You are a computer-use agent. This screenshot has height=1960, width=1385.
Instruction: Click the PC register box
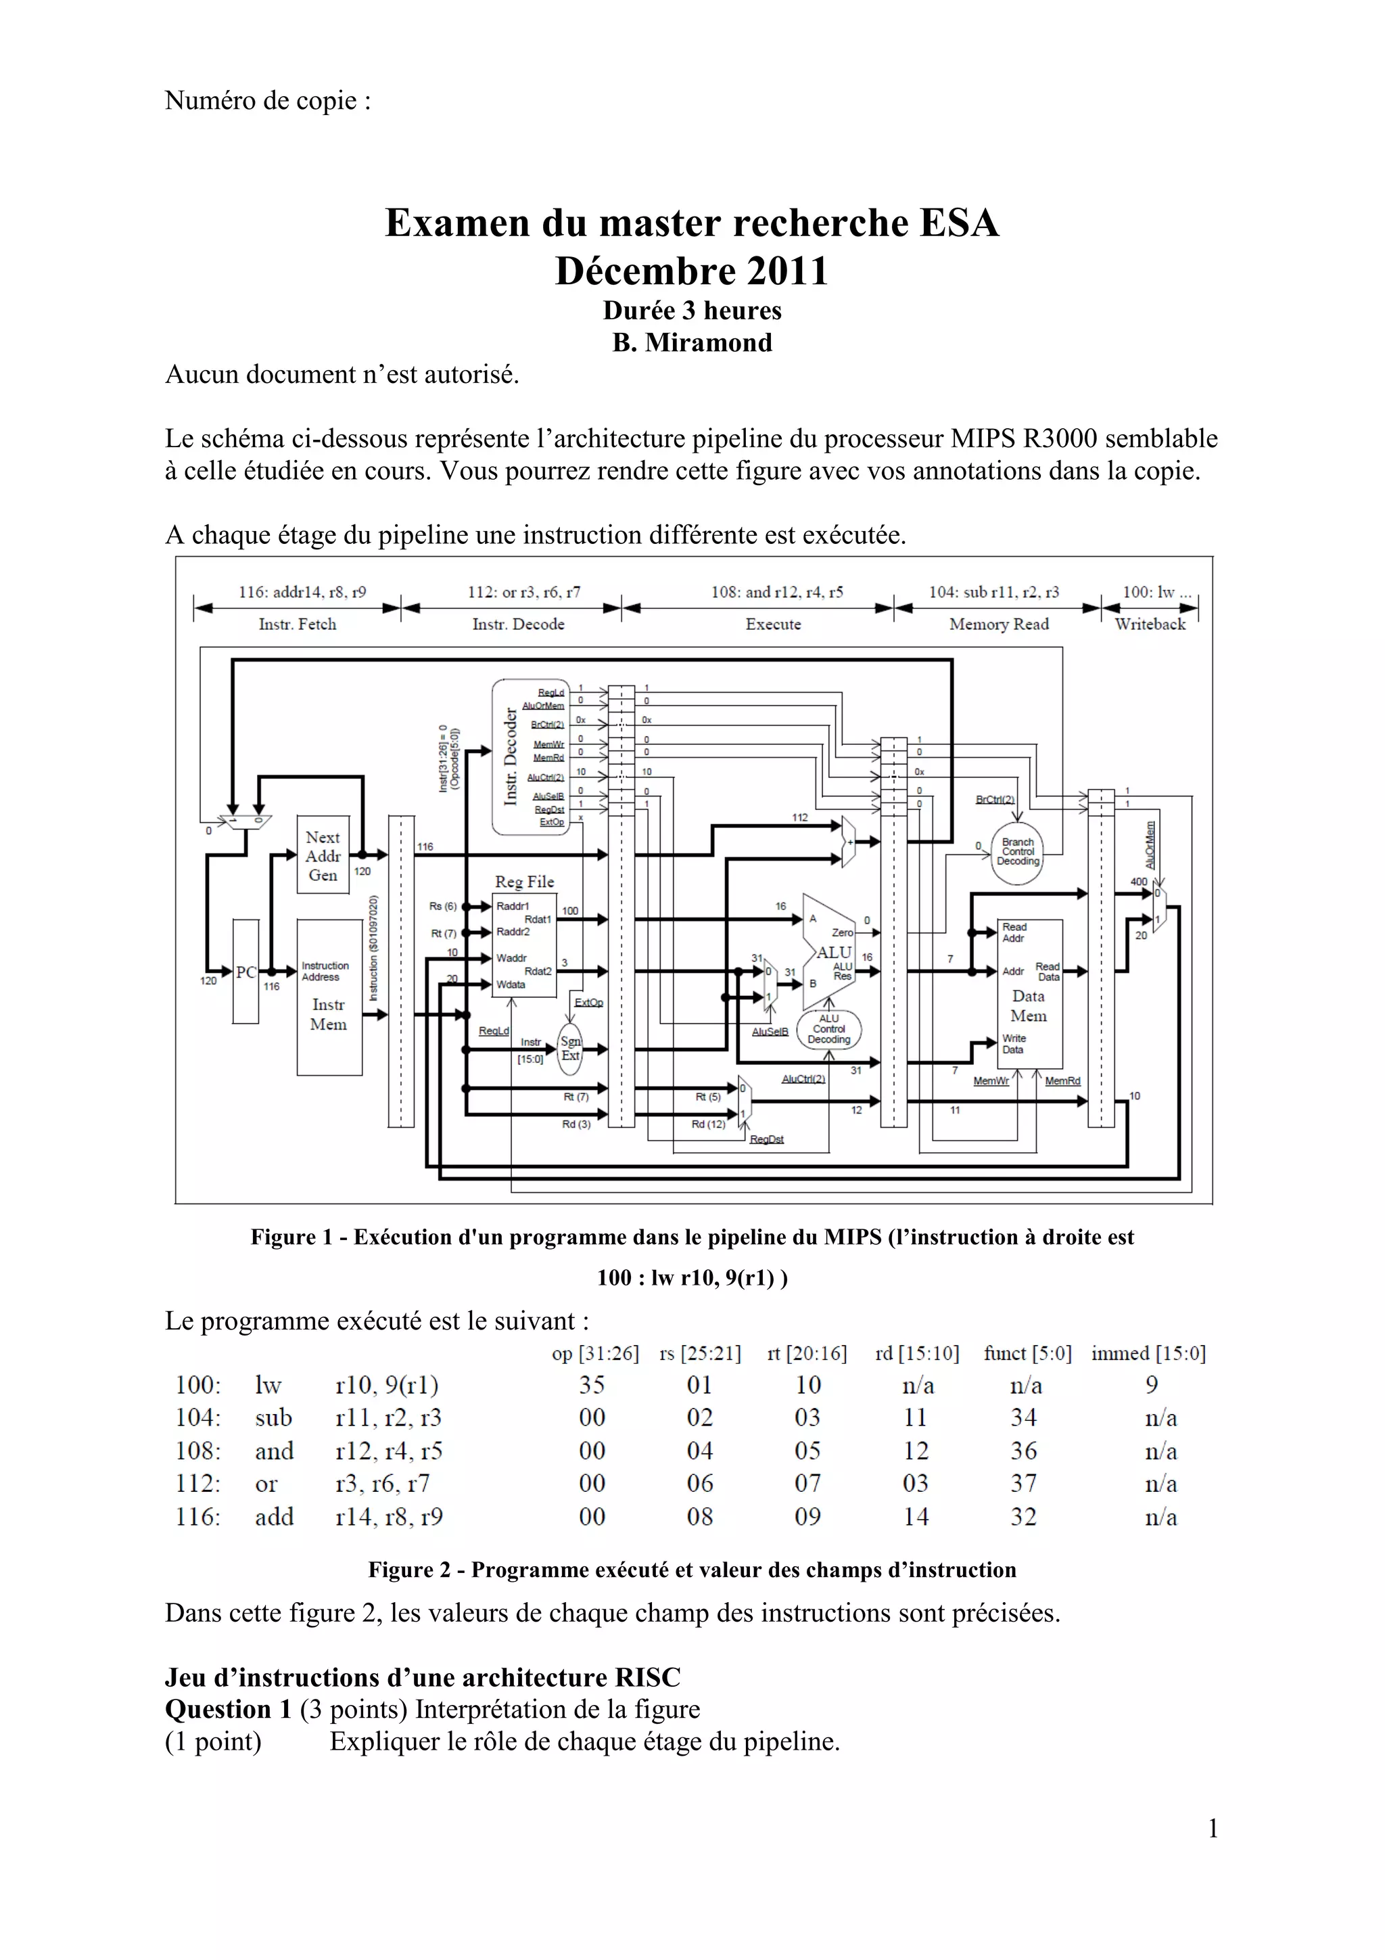click(x=245, y=972)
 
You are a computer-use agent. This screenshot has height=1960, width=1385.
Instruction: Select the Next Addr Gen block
click(x=323, y=855)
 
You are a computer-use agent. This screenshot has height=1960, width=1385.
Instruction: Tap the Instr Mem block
click(x=329, y=997)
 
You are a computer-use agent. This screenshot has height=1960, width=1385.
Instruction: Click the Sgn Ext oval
click(x=570, y=1048)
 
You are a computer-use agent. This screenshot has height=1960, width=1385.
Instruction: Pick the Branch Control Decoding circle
click(x=1018, y=851)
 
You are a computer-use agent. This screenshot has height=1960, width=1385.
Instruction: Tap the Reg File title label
click(x=524, y=882)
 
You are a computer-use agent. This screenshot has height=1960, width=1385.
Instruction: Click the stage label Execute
click(x=773, y=624)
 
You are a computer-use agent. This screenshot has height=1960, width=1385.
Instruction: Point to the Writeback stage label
click(x=1150, y=624)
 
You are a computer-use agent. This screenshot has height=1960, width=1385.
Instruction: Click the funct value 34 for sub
click(x=1023, y=1418)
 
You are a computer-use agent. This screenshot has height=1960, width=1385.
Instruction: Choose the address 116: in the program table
click(x=198, y=1517)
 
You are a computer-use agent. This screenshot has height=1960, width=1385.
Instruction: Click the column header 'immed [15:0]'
click(x=1148, y=1353)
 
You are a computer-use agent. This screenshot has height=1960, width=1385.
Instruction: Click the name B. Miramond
click(x=692, y=342)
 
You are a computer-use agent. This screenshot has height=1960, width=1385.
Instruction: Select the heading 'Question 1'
click(x=228, y=1709)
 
